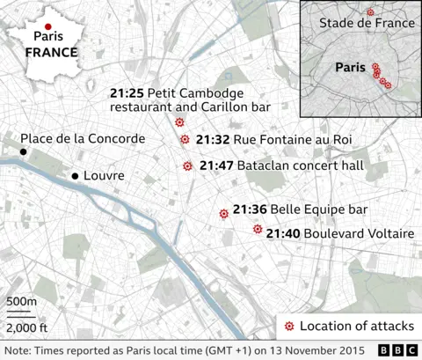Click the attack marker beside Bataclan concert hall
pos(187,165)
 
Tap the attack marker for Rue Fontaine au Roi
pos(185,139)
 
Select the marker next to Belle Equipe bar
pos(223,213)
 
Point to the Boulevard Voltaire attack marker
pos(258,229)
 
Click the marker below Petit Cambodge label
pos(179,122)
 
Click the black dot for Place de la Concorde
pos(25,153)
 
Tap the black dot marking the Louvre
pos(75,176)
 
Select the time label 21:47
pos(215,165)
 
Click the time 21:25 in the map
pos(125,92)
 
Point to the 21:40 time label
pos(283,233)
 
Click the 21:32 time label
pos(213,139)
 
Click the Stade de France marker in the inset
pos(370,11)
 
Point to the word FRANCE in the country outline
pos(51,52)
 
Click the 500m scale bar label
pos(21,303)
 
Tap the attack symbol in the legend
pos(289,327)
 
